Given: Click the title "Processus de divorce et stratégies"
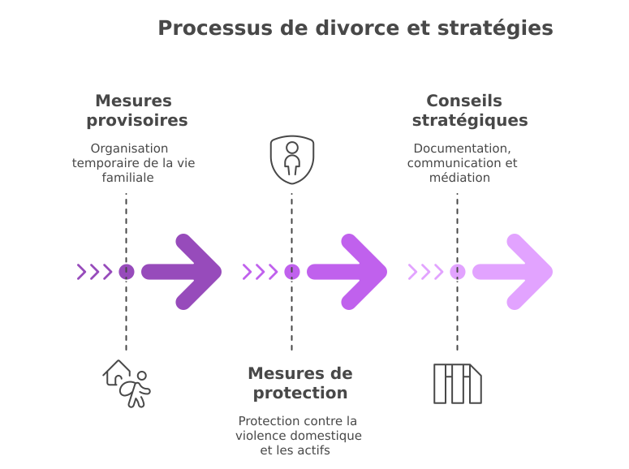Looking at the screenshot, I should (355, 28).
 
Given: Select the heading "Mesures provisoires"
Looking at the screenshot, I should (133, 110).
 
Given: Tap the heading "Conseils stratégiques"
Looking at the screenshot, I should (463, 110).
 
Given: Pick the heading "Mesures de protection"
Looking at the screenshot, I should (299, 383).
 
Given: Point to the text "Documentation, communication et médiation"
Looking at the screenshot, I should (462, 162).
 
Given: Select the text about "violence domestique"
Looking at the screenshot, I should (299, 436).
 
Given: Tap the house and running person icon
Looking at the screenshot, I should (127, 383).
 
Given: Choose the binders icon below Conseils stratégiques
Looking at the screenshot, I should (458, 383).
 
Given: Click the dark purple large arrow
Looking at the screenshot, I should (182, 271).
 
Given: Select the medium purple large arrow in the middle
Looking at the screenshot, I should (347, 271).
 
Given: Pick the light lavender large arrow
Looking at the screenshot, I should (513, 271).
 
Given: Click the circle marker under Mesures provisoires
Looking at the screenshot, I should (127, 271).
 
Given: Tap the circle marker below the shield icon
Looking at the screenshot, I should (292, 271).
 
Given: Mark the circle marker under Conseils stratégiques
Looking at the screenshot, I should (458, 271).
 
